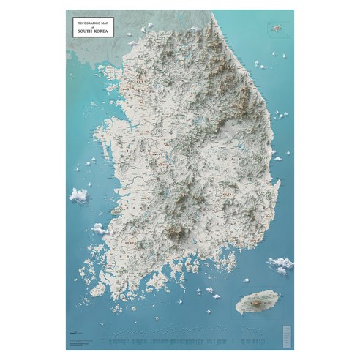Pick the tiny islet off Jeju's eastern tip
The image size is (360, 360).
click(x=273, y=294)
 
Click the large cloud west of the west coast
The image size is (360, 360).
click(x=78, y=195)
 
